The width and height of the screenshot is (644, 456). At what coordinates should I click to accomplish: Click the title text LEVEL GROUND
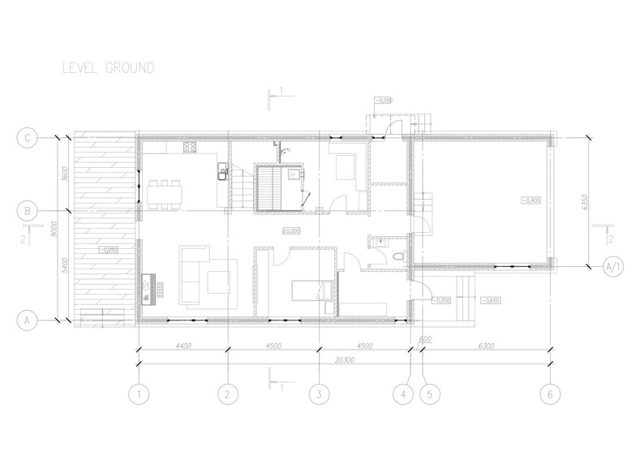[x=108, y=68]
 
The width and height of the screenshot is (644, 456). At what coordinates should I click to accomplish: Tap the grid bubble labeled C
[x=27, y=137]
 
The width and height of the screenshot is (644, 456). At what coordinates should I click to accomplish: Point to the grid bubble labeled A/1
[x=615, y=265]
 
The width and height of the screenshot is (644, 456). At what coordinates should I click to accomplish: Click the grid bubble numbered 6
[x=550, y=394]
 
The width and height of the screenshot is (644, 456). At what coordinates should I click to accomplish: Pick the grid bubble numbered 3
[x=320, y=394]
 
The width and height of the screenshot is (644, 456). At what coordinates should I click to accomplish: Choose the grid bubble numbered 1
[x=140, y=394]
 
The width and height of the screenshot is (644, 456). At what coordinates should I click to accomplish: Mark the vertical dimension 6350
[x=582, y=202]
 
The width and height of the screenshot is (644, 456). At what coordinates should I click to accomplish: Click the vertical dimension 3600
[x=64, y=174]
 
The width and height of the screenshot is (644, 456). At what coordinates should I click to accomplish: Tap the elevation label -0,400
[x=532, y=200]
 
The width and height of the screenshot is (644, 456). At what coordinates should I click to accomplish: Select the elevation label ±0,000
[x=291, y=231]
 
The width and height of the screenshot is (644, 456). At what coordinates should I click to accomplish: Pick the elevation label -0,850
[x=491, y=300]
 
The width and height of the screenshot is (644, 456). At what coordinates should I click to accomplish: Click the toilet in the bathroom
[x=395, y=256]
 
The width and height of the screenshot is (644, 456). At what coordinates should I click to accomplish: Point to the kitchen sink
[x=220, y=170]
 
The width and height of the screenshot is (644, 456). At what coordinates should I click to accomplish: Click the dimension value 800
[x=424, y=339]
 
